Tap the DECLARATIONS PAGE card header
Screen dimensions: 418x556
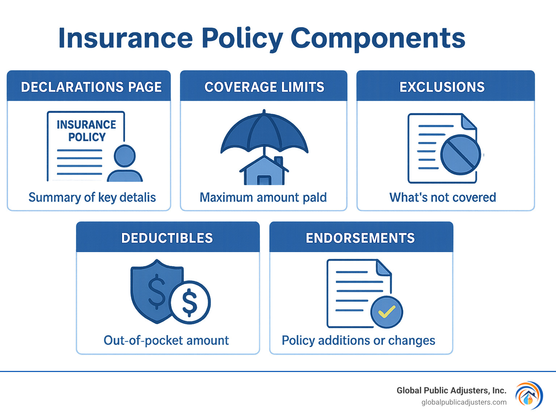(x=91, y=87)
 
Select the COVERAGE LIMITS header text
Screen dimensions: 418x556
(x=264, y=87)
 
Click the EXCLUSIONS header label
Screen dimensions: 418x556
(x=442, y=87)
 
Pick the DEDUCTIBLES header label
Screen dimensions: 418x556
(x=167, y=238)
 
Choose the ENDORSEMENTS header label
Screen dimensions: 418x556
(x=360, y=238)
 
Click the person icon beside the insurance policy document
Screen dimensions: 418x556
(x=125, y=164)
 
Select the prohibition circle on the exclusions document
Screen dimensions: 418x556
(x=460, y=155)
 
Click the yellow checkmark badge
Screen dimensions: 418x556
(x=387, y=312)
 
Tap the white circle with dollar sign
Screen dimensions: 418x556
(x=190, y=302)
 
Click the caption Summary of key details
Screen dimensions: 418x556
(x=92, y=197)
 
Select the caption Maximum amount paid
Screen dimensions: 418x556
(x=263, y=197)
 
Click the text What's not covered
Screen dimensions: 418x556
(x=442, y=197)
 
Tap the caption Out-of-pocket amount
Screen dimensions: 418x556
(x=166, y=340)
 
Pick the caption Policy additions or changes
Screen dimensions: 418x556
(x=358, y=340)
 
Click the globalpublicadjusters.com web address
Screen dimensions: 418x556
(x=464, y=402)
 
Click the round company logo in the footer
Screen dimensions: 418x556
(x=529, y=396)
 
